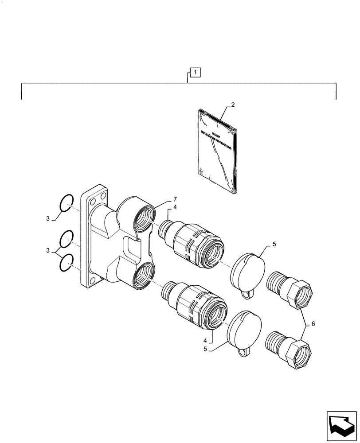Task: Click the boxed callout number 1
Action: coord(196,71)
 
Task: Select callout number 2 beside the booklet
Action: coord(233,105)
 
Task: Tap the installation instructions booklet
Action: coord(218,151)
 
